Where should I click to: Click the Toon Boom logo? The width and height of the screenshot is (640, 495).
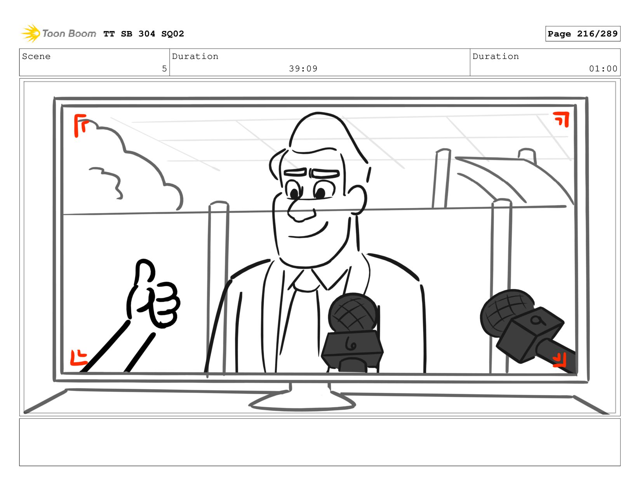[x=58, y=33]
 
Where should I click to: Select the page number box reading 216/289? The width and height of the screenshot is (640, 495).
[x=583, y=33]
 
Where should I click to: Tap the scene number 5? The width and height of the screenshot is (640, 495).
[x=164, y=69]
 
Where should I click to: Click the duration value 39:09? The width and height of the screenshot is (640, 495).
[x=303, y=69]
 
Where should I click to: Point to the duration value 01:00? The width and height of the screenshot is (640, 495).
[x=603, y=69]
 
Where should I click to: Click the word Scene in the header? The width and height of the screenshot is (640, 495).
[x=36, y=56]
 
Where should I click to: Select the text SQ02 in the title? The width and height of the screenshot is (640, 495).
[x=172, y=34]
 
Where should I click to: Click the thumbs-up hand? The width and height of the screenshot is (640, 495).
[x=153, y=294]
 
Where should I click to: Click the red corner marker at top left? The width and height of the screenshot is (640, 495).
[x=80, y=125]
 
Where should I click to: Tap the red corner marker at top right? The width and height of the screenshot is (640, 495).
[x=562, y=119]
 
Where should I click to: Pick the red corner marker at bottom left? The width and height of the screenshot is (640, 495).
[x=78, y=358]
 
